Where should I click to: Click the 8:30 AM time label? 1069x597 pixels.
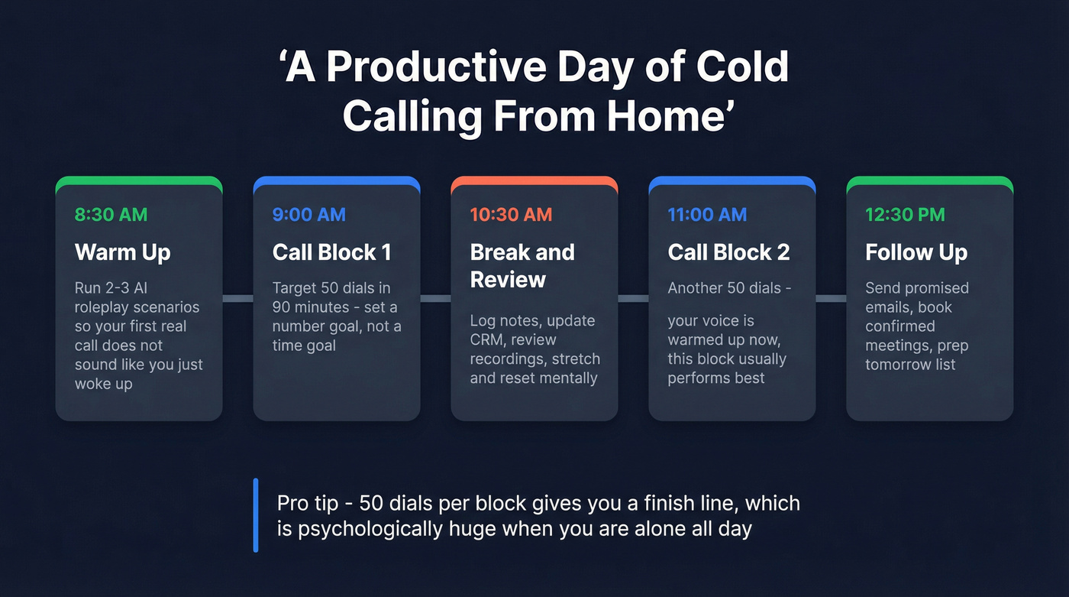click(x=111, y=215)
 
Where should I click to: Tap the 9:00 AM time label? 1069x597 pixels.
click(x=308, y=215)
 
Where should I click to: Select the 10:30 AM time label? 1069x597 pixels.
click(x=511, y=215)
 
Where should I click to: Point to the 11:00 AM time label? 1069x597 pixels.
click(x=707, y=215)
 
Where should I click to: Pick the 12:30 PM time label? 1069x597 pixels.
click(x=905, y=215)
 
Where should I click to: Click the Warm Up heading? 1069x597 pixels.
click(x=122, y=252)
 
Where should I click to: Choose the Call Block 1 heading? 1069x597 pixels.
click(x=331, y=252)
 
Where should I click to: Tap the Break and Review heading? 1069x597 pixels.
click(x=522, y=265)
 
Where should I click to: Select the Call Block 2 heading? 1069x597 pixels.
click(x=728, y=252)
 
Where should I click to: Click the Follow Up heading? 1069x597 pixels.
click(x=916, y=252)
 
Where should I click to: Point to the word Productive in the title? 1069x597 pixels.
click(x=441, y=68)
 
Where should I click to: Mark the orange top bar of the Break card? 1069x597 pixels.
click(x=534, y=181)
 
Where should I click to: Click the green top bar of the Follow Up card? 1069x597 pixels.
click(x=929, y=181)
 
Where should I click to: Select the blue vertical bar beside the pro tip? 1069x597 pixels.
click(x=256, y=514)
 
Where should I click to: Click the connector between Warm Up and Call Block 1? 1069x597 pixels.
click(x=237, y=298)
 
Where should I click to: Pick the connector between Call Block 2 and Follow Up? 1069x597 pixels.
click(x=831, y=298)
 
